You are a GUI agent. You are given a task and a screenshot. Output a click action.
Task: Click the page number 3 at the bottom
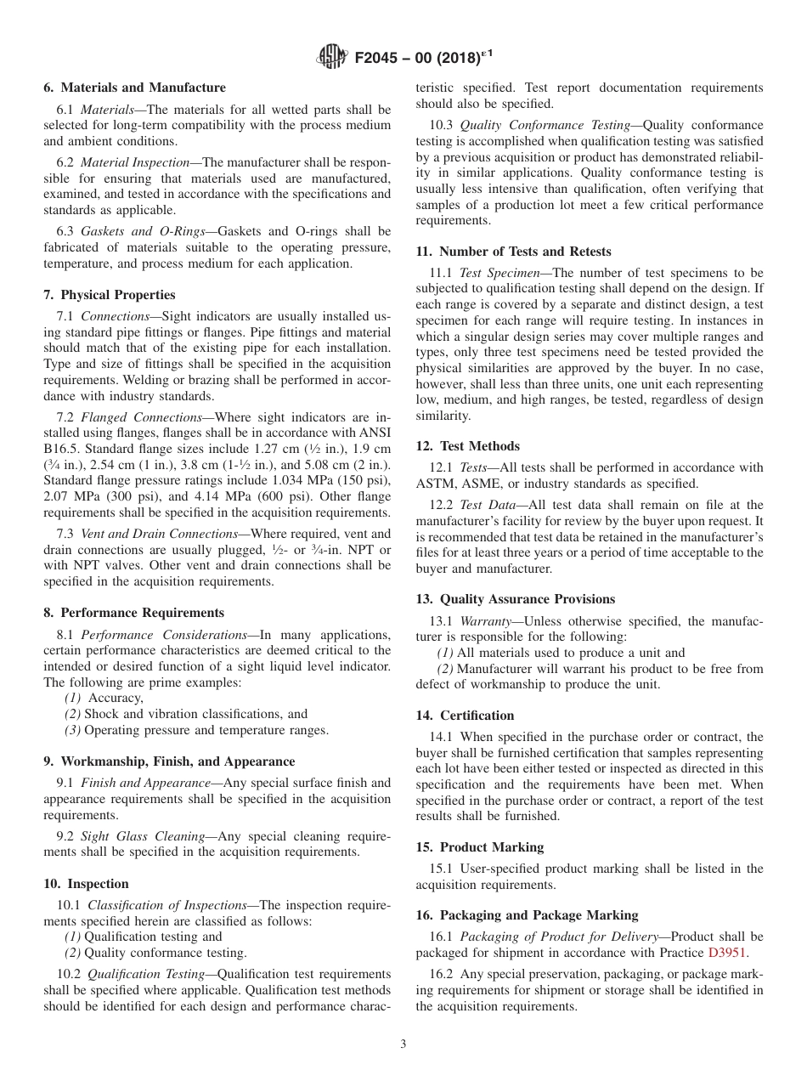pyautogui.click(x=403, y=1044)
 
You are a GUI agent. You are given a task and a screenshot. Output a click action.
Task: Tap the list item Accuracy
pyautogui.click(x=116, y=698)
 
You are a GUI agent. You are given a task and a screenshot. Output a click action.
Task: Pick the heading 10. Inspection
pyautogui.click(x=87, y=884)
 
